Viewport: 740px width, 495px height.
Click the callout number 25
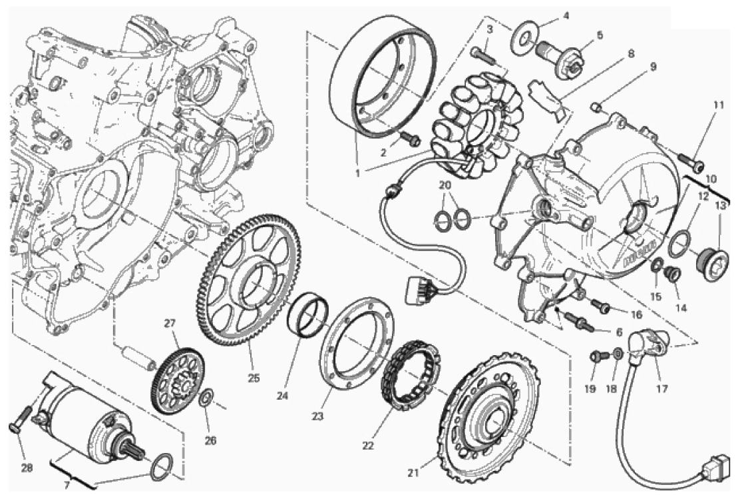point(254,378)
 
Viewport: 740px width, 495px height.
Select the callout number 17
point(661,388)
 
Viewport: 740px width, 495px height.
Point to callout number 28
point(27,468)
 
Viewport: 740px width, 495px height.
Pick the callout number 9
point(653,67)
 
